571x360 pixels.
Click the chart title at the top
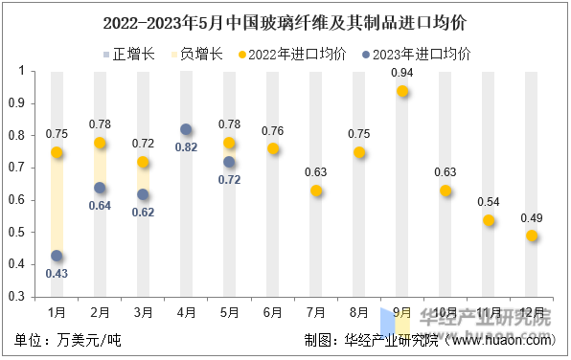coord(285,20)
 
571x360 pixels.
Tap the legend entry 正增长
coord(128,55)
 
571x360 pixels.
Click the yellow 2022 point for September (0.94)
coord(402,91)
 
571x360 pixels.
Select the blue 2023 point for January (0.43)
coord(57,256)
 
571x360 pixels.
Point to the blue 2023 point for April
coord(186,129)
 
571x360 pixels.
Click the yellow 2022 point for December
coord(532,236)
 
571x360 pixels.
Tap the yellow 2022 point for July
coord(316,191)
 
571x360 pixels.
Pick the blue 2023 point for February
coord(100,188)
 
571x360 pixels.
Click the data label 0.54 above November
coord(489,203)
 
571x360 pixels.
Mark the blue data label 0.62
coord(143,213)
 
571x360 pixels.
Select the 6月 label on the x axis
coord(272,312)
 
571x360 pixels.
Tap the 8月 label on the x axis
coord(359,312)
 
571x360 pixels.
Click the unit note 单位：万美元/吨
coord(68,340)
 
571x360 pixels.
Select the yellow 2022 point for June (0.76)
coord(273,148)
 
